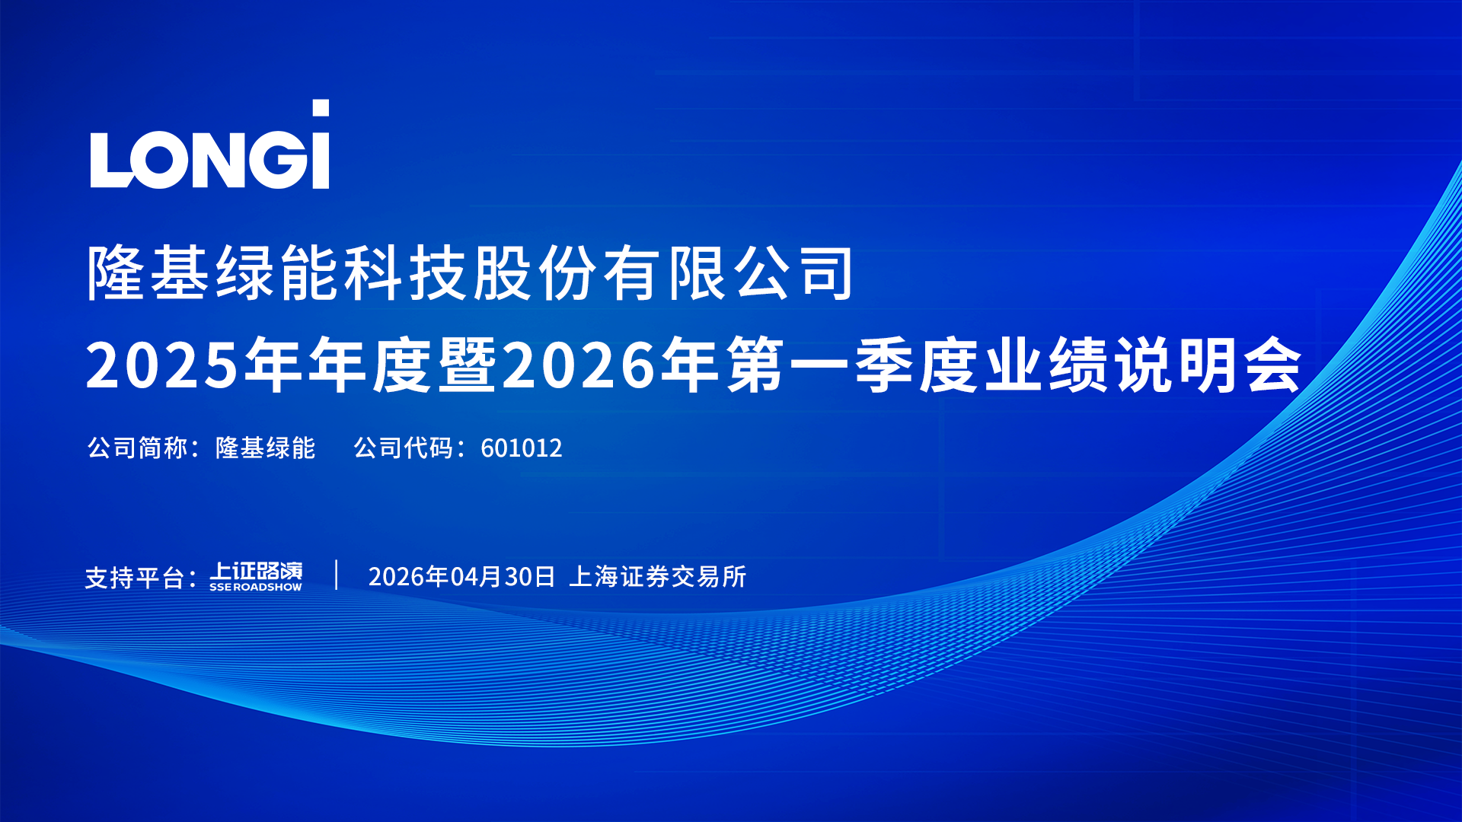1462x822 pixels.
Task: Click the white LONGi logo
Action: (209, 144)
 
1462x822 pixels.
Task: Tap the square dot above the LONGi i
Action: (321, 108)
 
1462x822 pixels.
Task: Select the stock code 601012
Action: (522, 448)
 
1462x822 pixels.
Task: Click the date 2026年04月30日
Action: (461, 577)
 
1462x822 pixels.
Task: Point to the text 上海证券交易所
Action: (658, 577)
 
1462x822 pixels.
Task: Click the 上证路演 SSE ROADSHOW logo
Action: (256, 576)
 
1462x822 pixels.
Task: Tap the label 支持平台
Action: (134, 578)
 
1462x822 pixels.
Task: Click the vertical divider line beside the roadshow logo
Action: (336, 575)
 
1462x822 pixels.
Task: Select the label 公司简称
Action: (137, 448)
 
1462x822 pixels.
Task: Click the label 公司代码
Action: (403, 448)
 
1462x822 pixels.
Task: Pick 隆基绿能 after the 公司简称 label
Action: (265, 448)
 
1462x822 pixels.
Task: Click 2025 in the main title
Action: (162, 365)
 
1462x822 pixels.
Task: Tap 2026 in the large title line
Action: (579, 365)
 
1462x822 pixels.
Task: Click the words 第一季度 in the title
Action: (852, 365)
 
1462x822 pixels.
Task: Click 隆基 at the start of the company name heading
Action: (148, 272)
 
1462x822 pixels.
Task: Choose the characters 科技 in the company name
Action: (406, 272)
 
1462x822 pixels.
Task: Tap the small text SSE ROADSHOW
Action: (256, 588)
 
